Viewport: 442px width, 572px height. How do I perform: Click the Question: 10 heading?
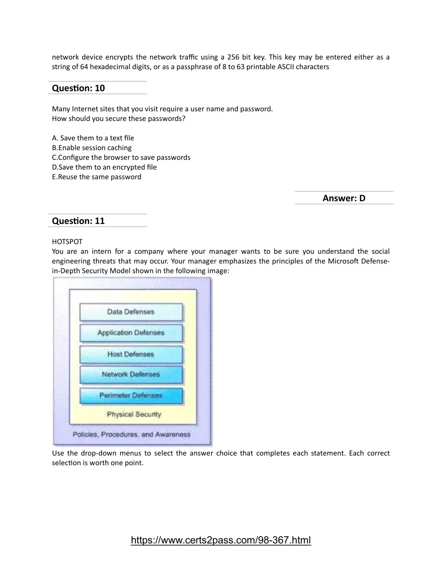pos(78,88)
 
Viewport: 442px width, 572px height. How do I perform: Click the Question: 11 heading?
pos(78,221)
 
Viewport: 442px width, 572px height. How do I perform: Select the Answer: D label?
pos(344,198)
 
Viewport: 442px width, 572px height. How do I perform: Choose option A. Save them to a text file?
pos(93,138)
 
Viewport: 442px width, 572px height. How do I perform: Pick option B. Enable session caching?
pos(92,148)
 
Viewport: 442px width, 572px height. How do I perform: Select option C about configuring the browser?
pos(121,158)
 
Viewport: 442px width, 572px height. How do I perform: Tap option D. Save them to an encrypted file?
pos(104,167)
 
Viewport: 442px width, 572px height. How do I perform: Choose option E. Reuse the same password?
pos(96,177)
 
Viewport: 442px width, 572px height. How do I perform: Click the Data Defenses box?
pos(131,312)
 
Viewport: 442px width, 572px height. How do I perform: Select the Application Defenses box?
pos(131,333)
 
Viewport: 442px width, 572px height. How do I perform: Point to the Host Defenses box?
pos(131,354)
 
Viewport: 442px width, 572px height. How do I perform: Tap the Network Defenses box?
pos(131,375)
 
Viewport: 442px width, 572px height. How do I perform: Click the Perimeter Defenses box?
pos(131,395)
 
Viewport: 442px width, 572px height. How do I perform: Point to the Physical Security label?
pos(134,414)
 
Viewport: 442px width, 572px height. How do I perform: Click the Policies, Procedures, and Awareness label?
pos(131,435)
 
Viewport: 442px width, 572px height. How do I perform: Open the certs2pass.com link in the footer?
pos(221,540)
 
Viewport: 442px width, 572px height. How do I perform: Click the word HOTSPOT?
pos(67,242)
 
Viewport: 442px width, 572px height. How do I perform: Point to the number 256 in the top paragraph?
pos(233,57)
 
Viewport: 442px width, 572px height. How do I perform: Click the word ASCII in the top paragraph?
pos(285,67)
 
